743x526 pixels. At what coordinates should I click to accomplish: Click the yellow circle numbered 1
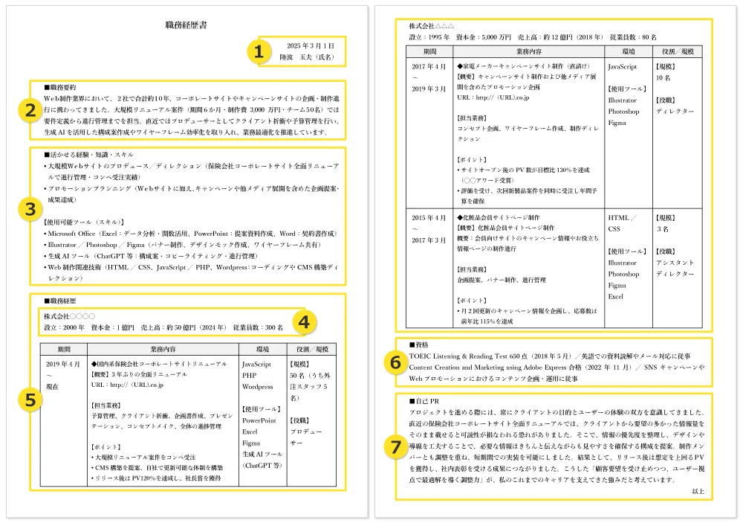(258, 51)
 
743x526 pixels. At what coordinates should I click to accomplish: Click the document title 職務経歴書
(186, 25)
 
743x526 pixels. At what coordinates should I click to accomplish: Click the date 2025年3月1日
(311, 46)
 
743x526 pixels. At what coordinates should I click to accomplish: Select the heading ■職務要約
(64, 87)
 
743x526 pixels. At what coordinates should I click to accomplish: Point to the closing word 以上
(697, 492)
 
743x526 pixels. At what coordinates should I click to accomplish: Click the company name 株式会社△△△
(432, 26)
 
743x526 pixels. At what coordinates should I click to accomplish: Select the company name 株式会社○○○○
(70, 316)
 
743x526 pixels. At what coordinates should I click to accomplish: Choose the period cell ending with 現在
(62, 376)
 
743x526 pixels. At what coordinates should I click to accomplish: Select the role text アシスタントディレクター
(675, 269)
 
